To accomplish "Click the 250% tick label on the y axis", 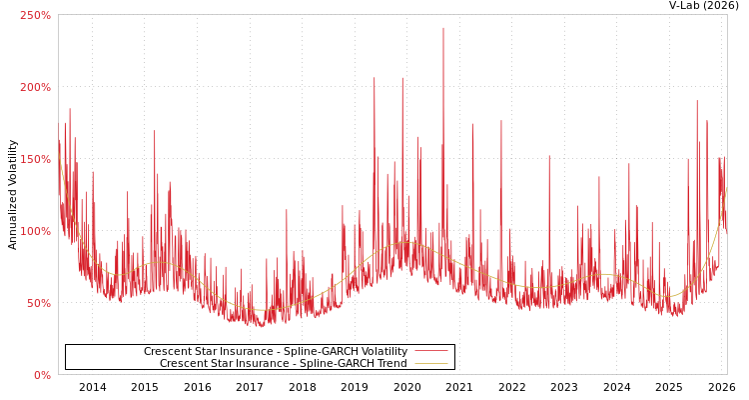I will tap(35, 15).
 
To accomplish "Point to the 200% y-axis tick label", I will tap(35, 87).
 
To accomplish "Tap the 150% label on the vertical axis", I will tap(35, 159).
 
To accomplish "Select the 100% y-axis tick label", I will tap(35, 231).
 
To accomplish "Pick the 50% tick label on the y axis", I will tap(38, 303).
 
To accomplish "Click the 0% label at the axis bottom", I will tap(42, 375).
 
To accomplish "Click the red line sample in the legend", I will tap(430, 352).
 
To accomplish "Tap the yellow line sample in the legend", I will tap(430, 364).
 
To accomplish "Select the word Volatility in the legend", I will tap(382, 352).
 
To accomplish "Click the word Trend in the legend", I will tap(391, 364).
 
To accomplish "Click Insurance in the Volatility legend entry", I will tap(246, 352).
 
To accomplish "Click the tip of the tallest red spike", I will tap(443, 28).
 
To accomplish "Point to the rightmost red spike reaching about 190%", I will tap(697, 101).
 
